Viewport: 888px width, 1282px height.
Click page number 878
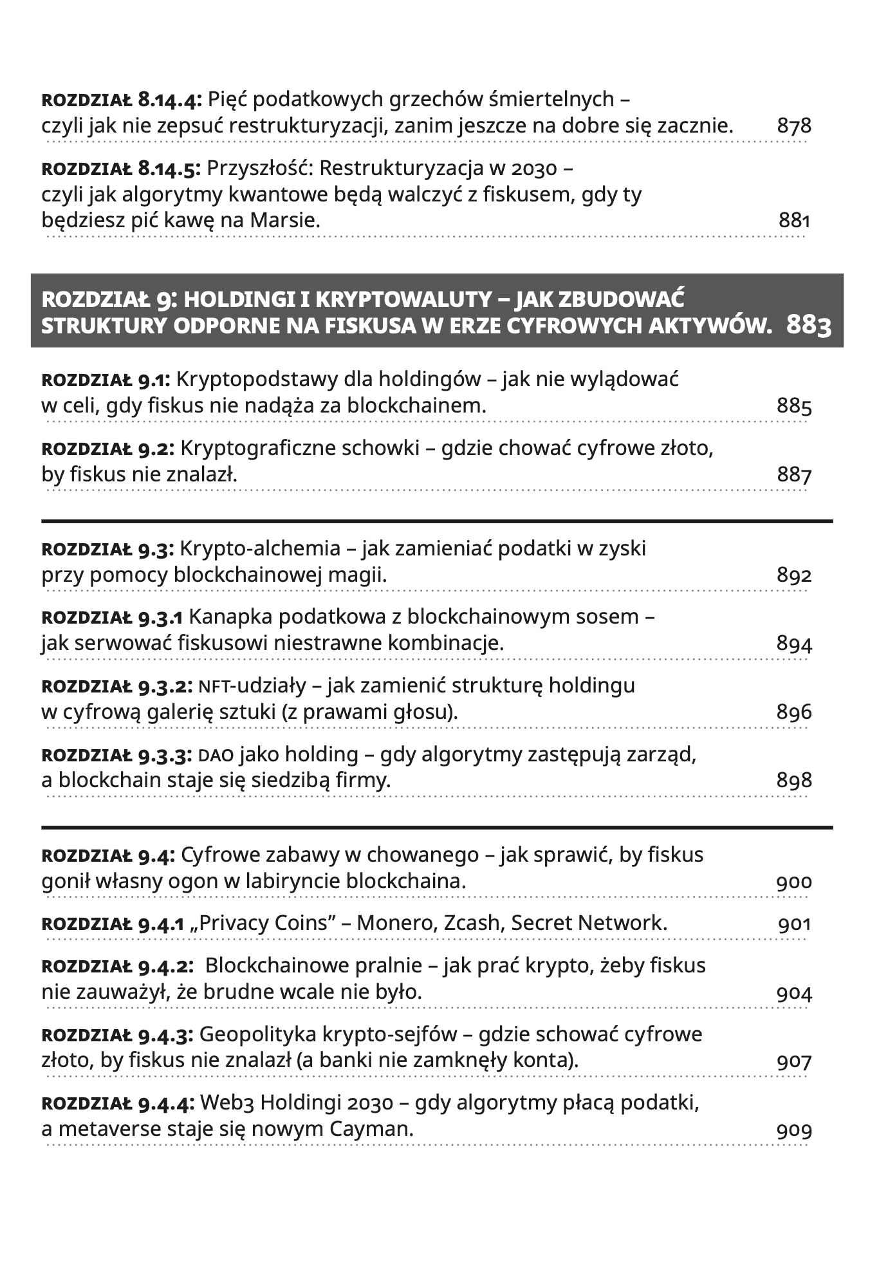[x=794, y=125]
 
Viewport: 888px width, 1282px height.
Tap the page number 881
[x=794, y=221]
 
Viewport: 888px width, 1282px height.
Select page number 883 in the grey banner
[x=809, y=326]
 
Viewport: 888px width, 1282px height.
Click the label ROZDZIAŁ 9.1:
[x=106, y=380]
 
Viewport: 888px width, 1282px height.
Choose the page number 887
[x=794, y=476]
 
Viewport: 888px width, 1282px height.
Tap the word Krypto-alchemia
[x=260, y=548]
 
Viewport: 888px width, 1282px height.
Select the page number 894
[x=794, y=644]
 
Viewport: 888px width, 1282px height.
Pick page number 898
[x=794, y=781]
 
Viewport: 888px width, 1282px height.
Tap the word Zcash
[x=473, y=923]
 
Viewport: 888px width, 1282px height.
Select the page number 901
[x=794, y=925]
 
